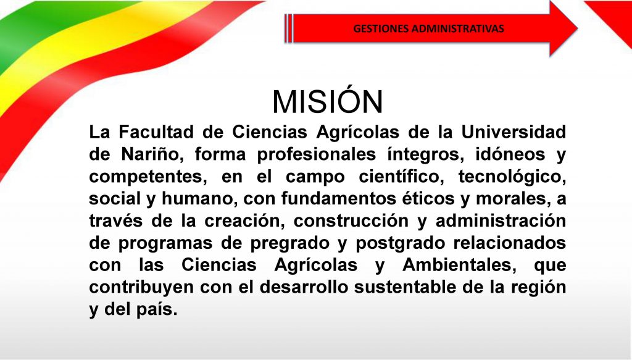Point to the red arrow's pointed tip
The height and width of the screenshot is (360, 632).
click(577, 28)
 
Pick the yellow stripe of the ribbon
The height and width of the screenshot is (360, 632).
click(81, 48)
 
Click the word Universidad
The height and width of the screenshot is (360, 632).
click(513, 132)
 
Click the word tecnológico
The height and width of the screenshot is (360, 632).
click(512, 177)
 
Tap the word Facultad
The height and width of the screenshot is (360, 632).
click(156, 132)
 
